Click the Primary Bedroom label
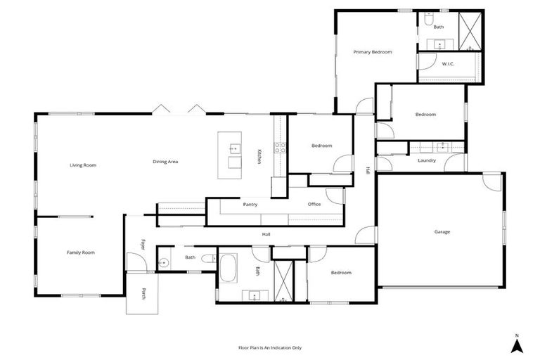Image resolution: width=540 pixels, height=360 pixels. point(372,52)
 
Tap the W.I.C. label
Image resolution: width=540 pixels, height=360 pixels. point(448,64)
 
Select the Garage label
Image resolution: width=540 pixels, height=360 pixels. point(442,231)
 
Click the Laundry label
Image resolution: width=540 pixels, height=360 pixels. point(426,160)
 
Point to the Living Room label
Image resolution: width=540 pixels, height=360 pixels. point(83,165)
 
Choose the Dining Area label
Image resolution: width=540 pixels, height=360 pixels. point(165,162)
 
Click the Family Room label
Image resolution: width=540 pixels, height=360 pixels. point(80,252)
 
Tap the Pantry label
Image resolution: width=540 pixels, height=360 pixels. point(250,205)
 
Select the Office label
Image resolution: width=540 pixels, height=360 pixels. point(314,205)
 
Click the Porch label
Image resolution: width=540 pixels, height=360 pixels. point(143,294)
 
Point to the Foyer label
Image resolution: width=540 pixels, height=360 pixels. point(143,245)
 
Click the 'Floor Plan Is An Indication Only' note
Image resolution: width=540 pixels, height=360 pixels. point(270,347)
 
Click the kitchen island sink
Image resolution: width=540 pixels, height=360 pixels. point(234,148)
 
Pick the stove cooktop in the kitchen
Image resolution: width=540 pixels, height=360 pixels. point(278,147)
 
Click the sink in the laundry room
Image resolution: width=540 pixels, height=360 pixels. point(443,148)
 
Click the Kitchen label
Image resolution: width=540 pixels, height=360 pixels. point(259,156)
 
